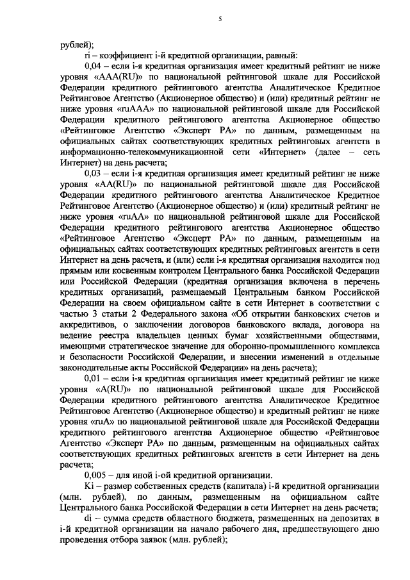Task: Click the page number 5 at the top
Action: coord(219,20)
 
